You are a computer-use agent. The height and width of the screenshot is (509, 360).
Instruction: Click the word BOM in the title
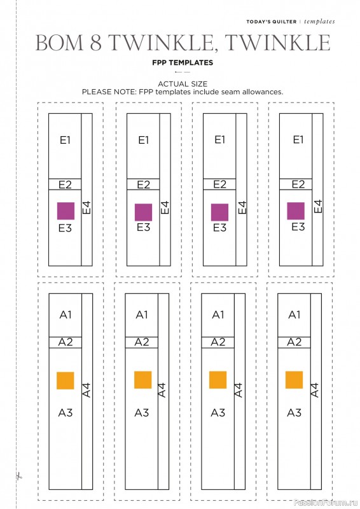(x=59, y=43)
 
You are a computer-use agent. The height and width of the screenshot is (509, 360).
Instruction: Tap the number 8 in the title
(x=96, y=43)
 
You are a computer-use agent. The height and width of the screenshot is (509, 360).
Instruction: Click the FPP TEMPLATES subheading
(x=183, y=62)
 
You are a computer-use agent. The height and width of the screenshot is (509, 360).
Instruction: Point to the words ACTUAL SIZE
(x=183, y=84)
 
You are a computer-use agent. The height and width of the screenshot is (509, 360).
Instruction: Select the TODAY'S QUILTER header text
(x=272, y=22)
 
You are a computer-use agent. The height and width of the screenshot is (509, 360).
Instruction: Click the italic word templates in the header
(x=319, y=22)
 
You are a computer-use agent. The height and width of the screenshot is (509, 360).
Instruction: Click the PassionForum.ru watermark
(x=325, y=503)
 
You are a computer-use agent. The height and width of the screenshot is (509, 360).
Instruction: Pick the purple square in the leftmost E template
(x=66, y=211)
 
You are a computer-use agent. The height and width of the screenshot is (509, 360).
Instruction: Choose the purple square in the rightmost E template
(x=296, y=211)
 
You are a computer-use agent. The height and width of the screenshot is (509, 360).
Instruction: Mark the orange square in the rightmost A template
(x=294, y=380)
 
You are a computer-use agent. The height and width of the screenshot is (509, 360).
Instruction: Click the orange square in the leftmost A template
(x=66, y=380)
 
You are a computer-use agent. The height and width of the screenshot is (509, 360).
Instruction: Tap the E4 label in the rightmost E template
(x=318, y=206)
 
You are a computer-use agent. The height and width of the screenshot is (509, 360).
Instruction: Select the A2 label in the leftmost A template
(x=66, y=342)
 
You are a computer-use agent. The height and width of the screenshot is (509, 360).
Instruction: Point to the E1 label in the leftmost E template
(x=65, y=140)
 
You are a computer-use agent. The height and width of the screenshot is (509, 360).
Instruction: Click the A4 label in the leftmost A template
(x=87, y=390)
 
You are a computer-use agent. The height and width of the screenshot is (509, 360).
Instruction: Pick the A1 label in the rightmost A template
(x=294, y=314)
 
